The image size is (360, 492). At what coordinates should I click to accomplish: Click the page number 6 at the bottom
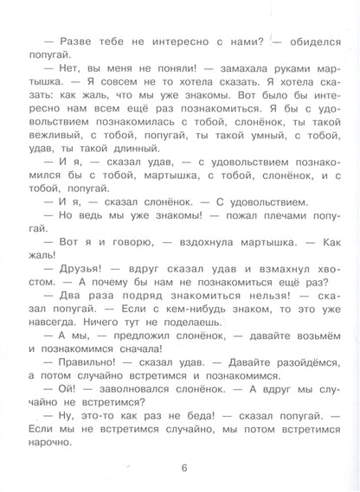(x=184, y=469)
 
